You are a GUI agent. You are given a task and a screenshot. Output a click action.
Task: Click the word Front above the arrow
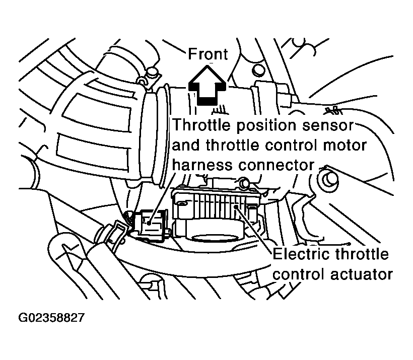tap(208, 54)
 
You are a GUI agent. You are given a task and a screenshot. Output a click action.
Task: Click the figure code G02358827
tap(51, 319)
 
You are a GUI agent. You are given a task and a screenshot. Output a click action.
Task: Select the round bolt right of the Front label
tap(258, 69)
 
